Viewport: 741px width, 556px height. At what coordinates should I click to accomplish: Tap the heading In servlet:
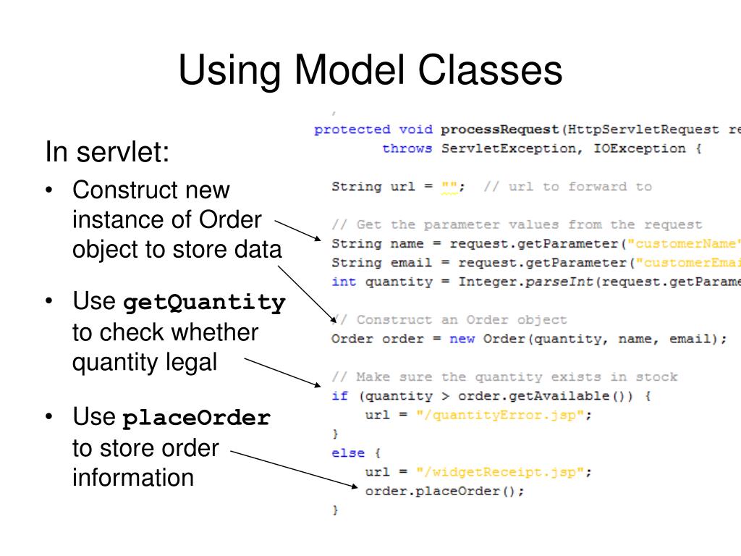[107, 153]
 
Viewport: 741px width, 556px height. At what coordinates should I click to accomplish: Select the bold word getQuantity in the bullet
[204, 302]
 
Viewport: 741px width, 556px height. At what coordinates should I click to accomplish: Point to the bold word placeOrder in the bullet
[197, 418]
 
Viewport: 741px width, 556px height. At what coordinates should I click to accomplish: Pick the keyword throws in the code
[407, 148]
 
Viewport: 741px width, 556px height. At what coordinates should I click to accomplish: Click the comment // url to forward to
[567, 187]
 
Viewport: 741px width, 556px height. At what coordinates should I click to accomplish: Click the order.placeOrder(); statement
[444, 492]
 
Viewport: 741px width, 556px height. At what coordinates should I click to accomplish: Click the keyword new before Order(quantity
[462, 339]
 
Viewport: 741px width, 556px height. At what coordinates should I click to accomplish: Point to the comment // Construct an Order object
[449, 319]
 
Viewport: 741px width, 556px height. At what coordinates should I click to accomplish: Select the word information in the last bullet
[133, 478]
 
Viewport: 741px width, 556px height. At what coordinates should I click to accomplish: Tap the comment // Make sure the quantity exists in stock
[504, 376]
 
